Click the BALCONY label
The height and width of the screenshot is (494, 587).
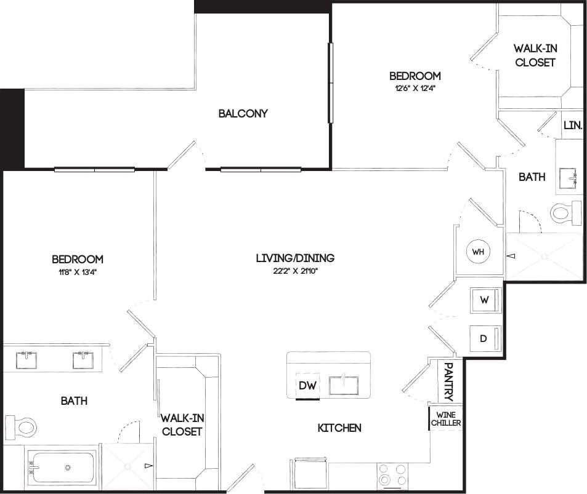click(243, 113)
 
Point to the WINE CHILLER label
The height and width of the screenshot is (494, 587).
click(445, 418)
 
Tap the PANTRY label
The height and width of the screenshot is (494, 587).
click(448, 381)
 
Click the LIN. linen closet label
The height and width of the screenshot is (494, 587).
click(573, 125)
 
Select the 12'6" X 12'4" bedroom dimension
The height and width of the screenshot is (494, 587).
click(415, 87)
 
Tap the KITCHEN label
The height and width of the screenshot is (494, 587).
click(339, 428)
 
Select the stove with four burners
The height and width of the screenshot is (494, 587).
click(393, 475)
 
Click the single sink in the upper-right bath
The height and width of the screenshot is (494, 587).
click(569, 178)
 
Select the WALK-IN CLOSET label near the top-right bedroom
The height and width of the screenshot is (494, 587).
click(535, 55)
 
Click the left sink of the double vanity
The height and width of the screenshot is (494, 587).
click(26, 360)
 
